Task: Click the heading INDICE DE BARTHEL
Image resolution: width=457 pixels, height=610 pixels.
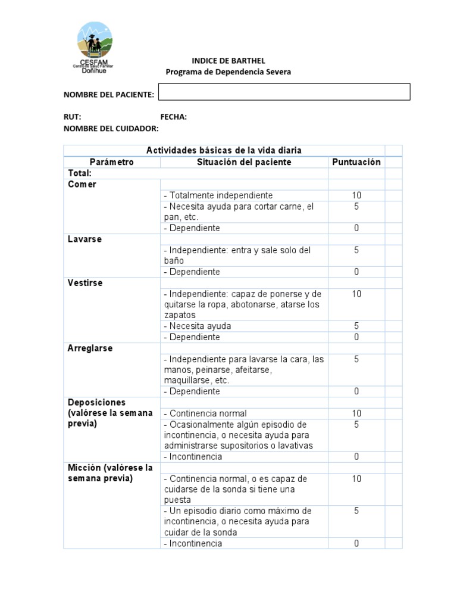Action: (x=228, y=61)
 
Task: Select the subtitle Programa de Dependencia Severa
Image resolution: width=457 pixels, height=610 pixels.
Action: (x=228, y=72)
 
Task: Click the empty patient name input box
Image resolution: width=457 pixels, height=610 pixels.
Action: (x=284, y=92)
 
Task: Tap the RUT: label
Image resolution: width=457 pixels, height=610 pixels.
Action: (x=73, y=117)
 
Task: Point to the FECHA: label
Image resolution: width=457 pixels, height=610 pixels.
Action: (x=173, y=117)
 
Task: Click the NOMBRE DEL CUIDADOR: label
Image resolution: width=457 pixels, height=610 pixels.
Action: (x=111, y=128)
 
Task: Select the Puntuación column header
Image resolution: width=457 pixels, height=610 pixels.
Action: (x=356, y=162)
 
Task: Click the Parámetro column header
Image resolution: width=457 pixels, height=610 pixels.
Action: (x=112, y=162)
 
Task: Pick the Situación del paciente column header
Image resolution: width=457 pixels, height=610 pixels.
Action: (x=244, y=162)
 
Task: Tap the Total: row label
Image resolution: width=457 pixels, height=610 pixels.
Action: (x=79, y=173)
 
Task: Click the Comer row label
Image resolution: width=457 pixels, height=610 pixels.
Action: (x=82, y=184)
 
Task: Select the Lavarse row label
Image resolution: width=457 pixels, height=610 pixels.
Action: (x=84, y=239)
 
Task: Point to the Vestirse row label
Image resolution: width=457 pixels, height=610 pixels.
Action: (x=85, y=283)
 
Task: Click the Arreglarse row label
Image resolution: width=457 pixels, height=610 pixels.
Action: (x=90, y=348)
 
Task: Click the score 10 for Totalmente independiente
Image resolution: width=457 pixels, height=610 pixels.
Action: (x=356, y=195)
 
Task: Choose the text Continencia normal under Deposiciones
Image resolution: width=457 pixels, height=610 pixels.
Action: (x=207, y=413)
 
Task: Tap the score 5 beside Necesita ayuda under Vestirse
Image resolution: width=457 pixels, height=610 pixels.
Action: (x=356, y=326)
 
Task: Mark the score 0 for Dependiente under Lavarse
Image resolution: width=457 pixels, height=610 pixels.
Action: (x=356, y=272)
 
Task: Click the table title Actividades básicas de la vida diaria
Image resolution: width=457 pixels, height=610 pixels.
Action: (x=224, y=150)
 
